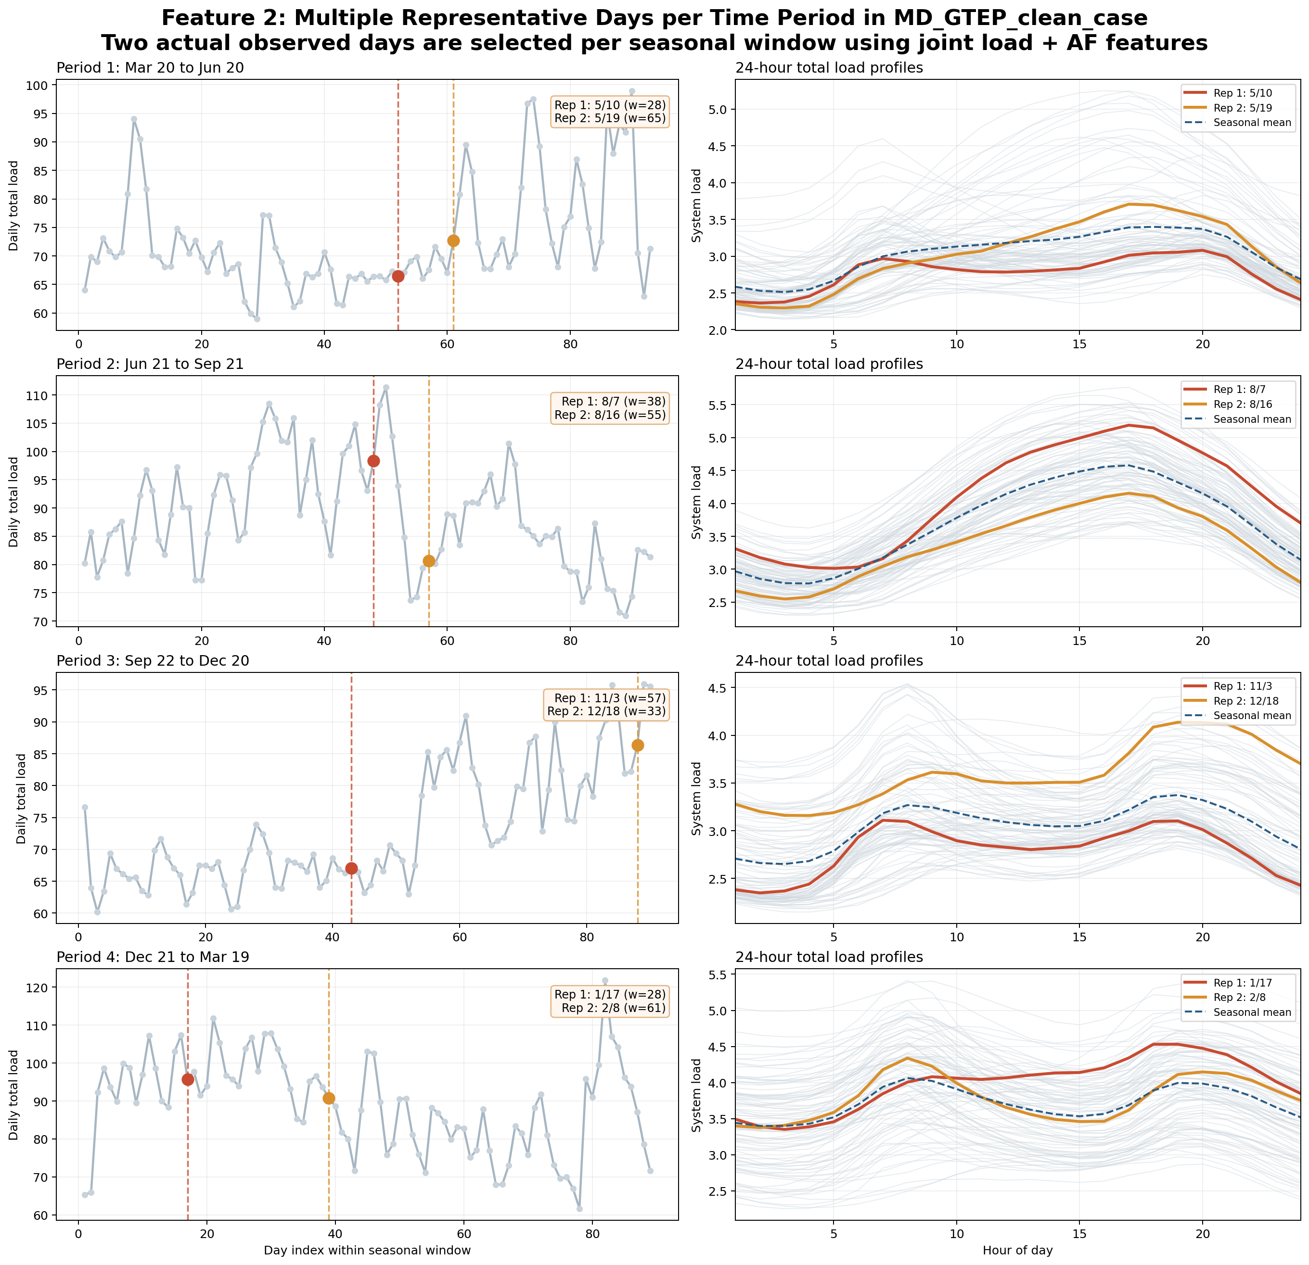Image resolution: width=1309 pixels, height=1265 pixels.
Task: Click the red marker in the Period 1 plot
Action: pyautogui.click(x=398, y=277)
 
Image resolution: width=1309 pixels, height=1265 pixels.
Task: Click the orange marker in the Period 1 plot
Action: pyautogui.click(x=453, y=241)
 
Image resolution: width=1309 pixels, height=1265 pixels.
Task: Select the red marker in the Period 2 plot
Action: pyautogui.click(x=373, y=461)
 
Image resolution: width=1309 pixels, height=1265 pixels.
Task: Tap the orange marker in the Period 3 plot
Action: pyautogui.click(x=638, y=745)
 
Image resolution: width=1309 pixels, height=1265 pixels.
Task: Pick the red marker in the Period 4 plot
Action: pyautogui.click(x=188, y=1079)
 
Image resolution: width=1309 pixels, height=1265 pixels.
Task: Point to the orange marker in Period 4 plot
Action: pyautogui.click(x=329, y=1098)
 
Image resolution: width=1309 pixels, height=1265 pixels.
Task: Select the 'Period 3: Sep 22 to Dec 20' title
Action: pyautogui.click(x=153, y=661)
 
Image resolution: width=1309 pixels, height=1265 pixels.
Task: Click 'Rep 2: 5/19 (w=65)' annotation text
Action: pyautogui.click(x=610, y=119)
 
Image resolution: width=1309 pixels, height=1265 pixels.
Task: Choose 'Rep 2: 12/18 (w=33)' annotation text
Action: pyautogui.click(x=606, y=711)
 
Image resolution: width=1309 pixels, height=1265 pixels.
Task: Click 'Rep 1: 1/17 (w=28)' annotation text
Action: pyautogui.click(x=610, y=995)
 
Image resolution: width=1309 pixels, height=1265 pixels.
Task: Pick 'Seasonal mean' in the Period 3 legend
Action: pyautogui.click(x=1252, y=716)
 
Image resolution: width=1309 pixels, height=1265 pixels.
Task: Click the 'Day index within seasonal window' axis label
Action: pyautogui.click(x=367, y=1250)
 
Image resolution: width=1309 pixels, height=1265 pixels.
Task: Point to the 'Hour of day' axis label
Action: pyautogui.click(x=1017, y=1250)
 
